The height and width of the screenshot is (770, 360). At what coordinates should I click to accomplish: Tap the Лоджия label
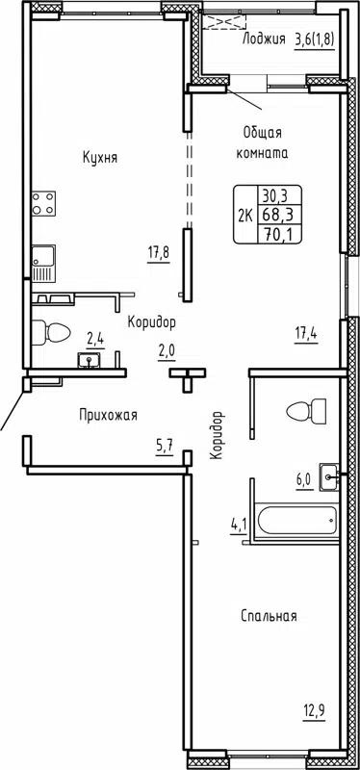[264, 39]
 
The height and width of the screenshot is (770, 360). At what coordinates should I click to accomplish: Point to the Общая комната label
[263, 143]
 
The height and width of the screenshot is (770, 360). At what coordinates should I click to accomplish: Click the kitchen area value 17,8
[158, 254]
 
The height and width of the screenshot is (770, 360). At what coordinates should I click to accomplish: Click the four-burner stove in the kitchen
[42, 204]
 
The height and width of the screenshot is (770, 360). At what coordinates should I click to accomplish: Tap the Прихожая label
[108, 415]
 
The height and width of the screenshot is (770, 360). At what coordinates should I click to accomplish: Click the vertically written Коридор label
[219, 435]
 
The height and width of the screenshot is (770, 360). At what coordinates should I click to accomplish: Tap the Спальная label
[269, 616]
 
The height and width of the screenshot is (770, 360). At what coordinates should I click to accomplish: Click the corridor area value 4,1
[237, 525]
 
